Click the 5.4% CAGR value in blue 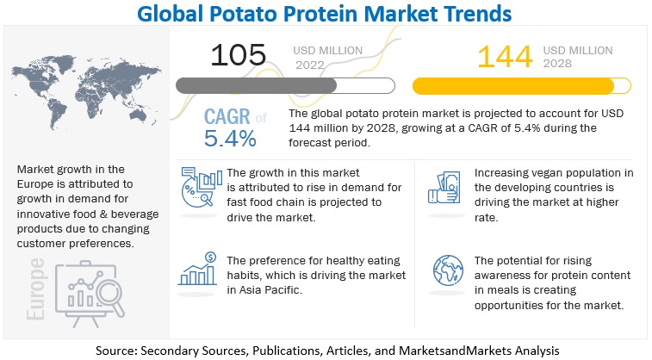click(230, 138)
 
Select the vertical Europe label click(37, 289)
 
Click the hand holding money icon click(443, 189)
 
